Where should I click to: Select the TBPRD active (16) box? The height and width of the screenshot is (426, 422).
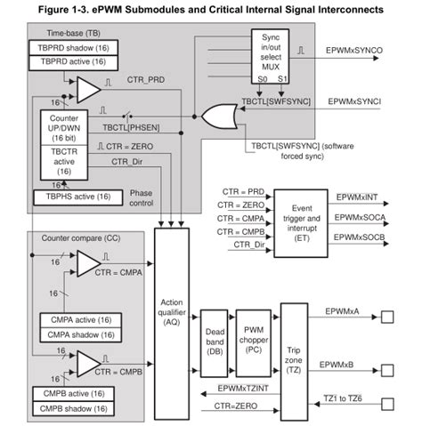point(70,62)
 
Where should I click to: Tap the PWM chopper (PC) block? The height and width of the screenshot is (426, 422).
point(253,340)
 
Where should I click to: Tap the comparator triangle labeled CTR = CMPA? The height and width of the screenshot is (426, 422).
point(87,263)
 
